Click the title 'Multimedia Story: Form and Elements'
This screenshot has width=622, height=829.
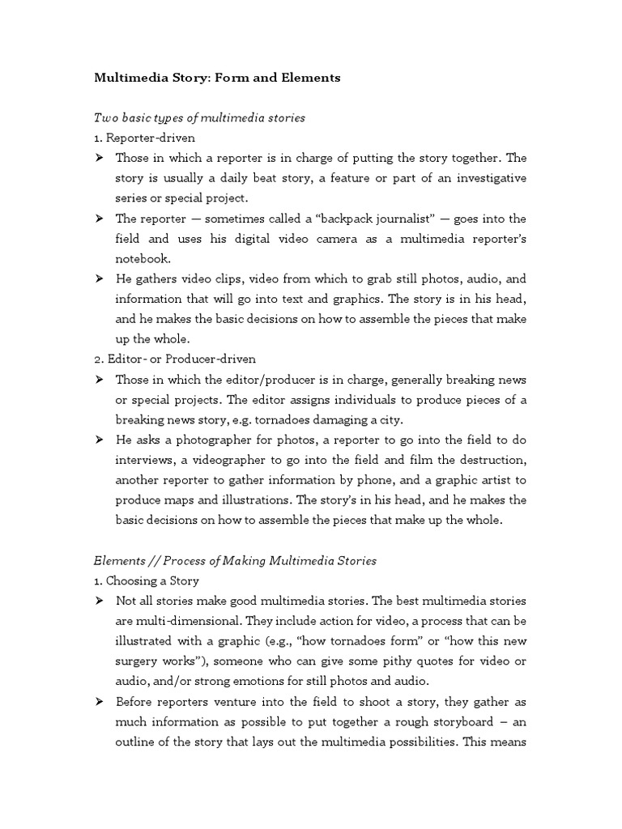click(217, 79)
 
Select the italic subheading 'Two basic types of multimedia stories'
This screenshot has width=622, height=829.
click(199, 118)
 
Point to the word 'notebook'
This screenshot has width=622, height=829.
click(141, 258)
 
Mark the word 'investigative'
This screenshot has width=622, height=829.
click(488, 178)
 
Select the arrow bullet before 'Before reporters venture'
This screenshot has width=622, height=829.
click(100, 702)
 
